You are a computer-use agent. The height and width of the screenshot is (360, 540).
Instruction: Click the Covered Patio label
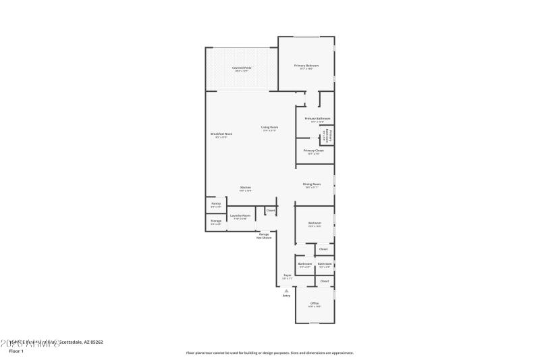pyautogui.click(x=238, y=67)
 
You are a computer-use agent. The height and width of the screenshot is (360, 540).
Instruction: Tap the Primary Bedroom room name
pyautogui.click(x=306, y=66)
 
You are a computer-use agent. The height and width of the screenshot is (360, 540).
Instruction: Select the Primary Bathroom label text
pyautogui.click(x=317, y=118)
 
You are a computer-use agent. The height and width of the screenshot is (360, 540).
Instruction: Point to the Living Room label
pyautogui.click(x=270, y=127)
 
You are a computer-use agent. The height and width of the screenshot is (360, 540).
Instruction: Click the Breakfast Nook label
pyautogui.click(x=221, y=134)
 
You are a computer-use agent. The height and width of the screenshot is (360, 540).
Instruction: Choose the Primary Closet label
pyautogui.click(x=313, y=150)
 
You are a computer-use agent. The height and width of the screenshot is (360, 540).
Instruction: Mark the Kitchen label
pyautogui.click(x=246, y=187)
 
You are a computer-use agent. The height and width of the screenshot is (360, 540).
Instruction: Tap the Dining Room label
pyautogui.click(x=312, y=184)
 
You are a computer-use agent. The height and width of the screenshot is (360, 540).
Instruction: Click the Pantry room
pyautogui.click(x=216, y=203)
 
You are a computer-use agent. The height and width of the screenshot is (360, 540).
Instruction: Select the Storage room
pyautogui.click(x=216, y=221)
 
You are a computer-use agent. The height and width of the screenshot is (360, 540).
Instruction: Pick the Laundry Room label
pyautogui.click(x=241, y=215)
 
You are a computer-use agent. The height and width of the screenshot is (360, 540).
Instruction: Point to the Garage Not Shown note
pyautogui.click(x=264, y=236)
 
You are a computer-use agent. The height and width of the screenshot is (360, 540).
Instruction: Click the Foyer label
pyautogui.click(x=287, y=275)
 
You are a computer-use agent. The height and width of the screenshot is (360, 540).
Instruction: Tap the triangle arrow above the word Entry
pyautogui.click(x=286, y=290)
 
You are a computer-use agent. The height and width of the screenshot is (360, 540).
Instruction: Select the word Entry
pyautogui.click(x=286, y=296)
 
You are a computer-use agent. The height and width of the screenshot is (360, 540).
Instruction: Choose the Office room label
pyautogui.click(x=315, y=303)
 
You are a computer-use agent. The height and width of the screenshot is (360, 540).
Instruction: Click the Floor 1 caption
pyautogui.click(x=16, y=351)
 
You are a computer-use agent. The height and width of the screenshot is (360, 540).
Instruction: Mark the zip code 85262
pyautogui.click(x=97, y=342)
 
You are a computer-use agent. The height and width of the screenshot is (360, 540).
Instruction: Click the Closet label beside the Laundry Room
pyautogui.click(x=270, y=210)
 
